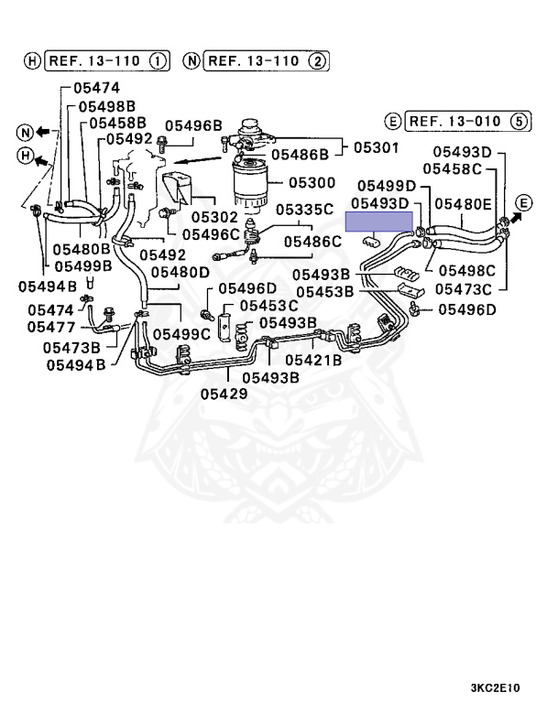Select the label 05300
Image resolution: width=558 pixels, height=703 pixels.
[312, 184]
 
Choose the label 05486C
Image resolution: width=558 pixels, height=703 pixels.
[312, 242]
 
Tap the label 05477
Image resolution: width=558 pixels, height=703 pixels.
[51, 326]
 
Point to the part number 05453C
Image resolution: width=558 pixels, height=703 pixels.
[268, 305]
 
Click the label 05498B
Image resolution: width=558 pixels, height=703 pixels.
[106, 106]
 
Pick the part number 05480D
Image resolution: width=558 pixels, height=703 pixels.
[181, 272]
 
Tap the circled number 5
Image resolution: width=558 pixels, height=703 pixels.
[520, 121]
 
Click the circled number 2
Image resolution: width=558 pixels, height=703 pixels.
[317, 61]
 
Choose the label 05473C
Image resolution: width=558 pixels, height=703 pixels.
[463, 289]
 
